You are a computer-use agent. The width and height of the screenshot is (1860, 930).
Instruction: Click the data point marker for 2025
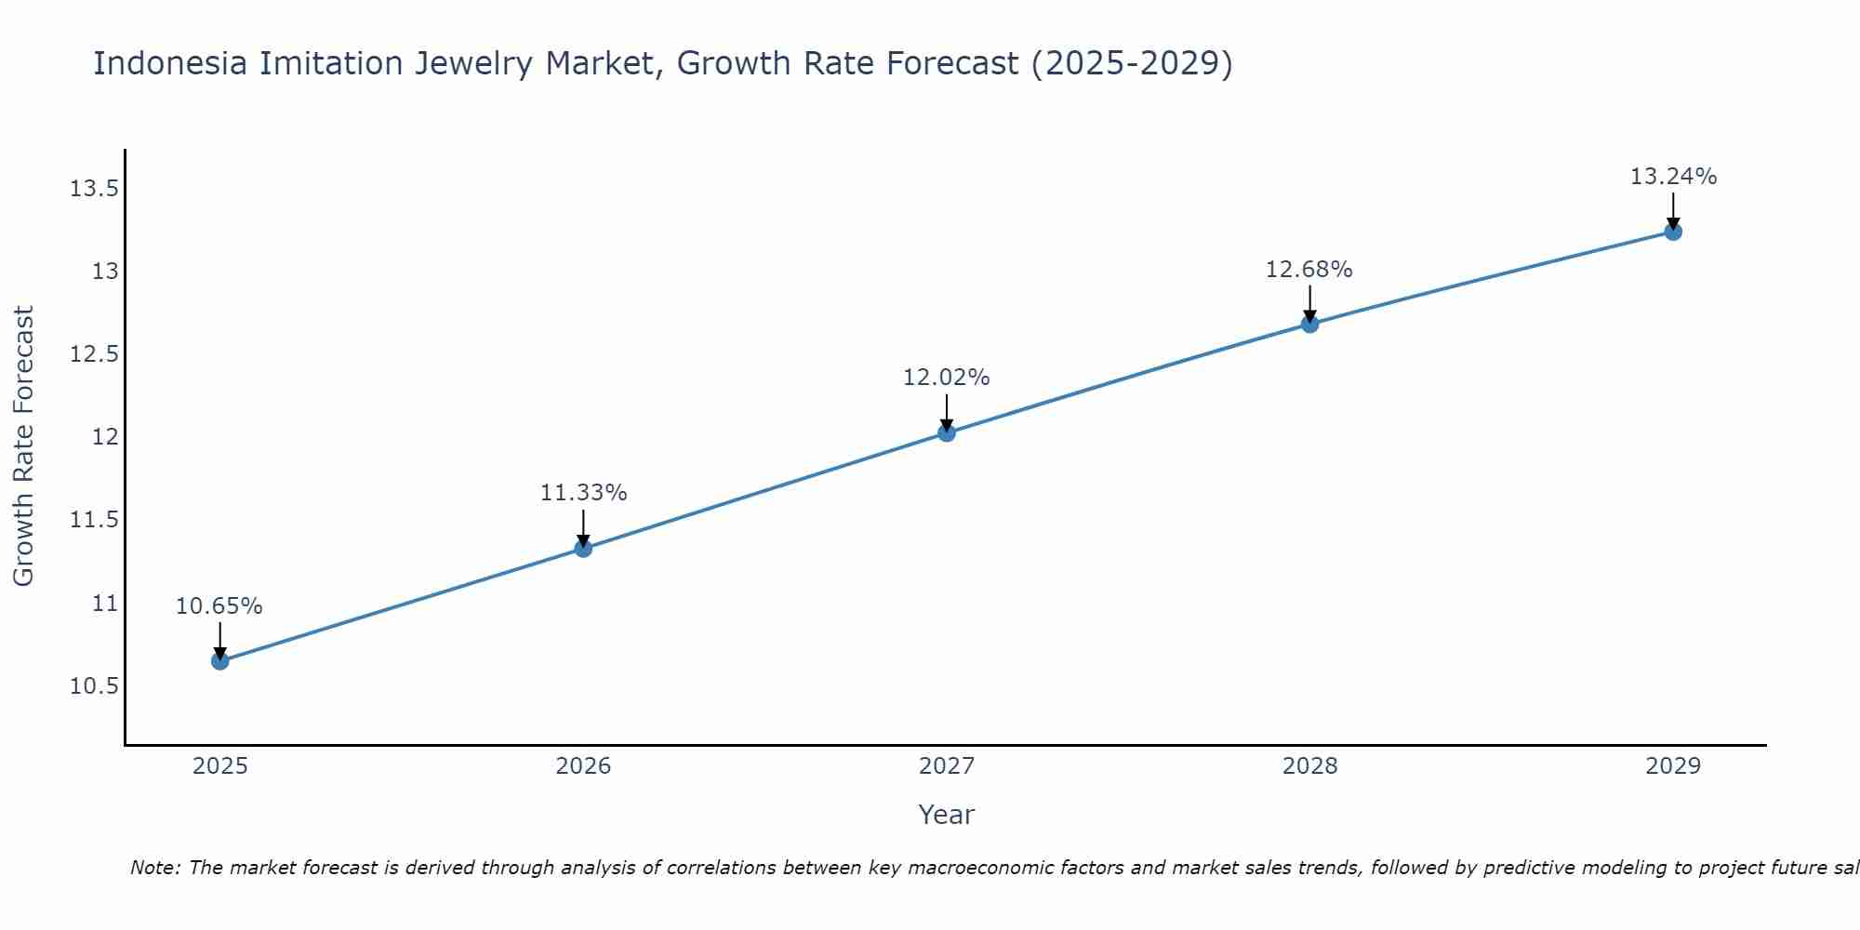coord(220,661)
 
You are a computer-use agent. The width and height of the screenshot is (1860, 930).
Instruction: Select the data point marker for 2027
coord(947,432)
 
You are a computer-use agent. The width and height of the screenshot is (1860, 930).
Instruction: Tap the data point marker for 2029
coord(1673,232)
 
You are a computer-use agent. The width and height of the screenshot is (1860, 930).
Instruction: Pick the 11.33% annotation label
coord(583,493)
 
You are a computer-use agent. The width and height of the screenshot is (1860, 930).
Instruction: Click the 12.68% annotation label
coord(1309,270)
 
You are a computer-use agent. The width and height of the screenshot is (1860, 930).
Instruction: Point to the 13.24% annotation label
coord(1673,177)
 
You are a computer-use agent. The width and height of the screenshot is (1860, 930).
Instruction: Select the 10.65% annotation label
coord(219,606)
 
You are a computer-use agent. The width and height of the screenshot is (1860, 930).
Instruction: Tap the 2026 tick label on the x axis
coord(583,766)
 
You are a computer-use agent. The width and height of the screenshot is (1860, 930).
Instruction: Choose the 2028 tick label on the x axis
coord(1309,766)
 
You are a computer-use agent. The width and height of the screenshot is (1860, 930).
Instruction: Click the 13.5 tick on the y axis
coord(95,190)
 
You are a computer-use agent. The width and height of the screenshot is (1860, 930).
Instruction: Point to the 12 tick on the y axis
coord(105,437)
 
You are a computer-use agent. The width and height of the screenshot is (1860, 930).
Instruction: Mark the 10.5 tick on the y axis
coord(95,686)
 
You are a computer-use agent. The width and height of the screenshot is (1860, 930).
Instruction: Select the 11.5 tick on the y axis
coord(95,520)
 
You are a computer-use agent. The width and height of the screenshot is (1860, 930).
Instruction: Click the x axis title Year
coord(946,815)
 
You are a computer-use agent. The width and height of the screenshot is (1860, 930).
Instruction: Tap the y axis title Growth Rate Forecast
coord(24,446)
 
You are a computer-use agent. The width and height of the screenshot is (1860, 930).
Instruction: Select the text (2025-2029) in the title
coord(1132,63)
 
